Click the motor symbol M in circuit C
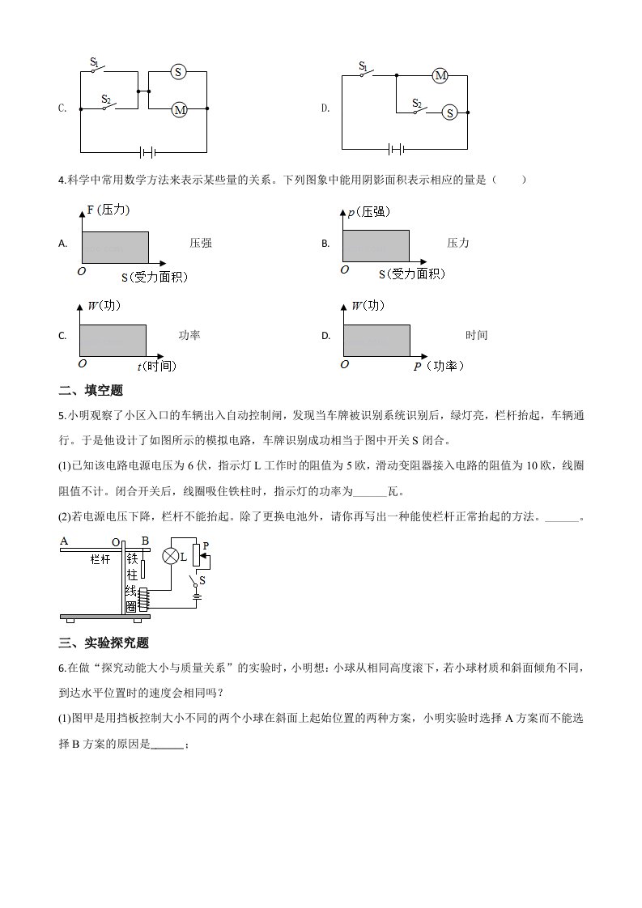179,109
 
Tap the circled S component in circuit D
449,113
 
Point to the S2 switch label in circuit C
106,98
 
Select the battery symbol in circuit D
396,149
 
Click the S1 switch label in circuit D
364,66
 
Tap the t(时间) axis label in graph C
156,366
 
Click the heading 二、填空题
91,390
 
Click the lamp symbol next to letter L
171,556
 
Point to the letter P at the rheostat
206,545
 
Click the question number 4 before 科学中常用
62,180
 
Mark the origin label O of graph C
82,364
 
